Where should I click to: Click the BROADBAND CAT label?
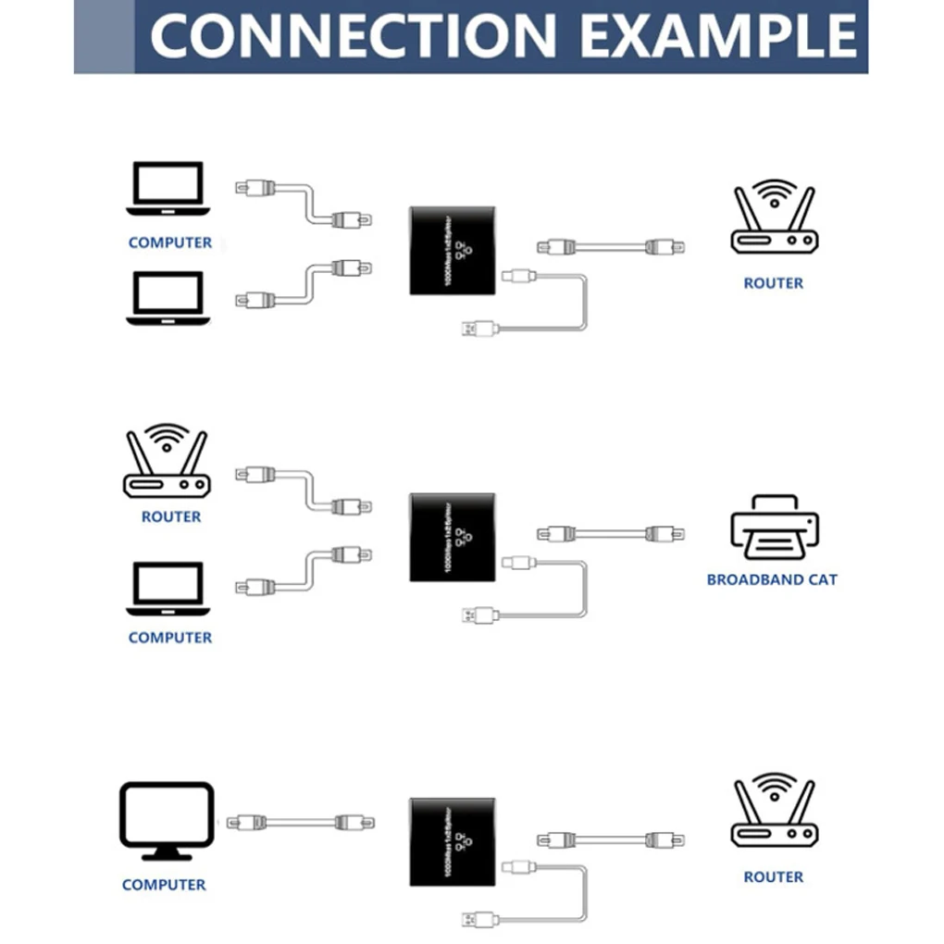[772, 580]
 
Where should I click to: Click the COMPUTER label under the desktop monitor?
[164, 885]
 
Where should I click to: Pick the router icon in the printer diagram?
[167, 462]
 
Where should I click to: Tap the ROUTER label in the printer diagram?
[170, 516]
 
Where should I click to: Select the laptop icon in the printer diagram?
[168, 588]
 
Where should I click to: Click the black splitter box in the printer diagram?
[452, 538]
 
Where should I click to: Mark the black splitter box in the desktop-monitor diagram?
[452, 841]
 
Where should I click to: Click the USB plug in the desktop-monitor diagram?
[479, 919]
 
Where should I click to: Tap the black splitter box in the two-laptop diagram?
[452, 251]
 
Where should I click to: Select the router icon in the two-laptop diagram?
[775, 217]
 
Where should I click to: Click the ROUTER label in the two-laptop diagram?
[773, 283]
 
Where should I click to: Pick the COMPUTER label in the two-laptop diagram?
[169, 242]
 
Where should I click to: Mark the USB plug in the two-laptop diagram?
[479, 327]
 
